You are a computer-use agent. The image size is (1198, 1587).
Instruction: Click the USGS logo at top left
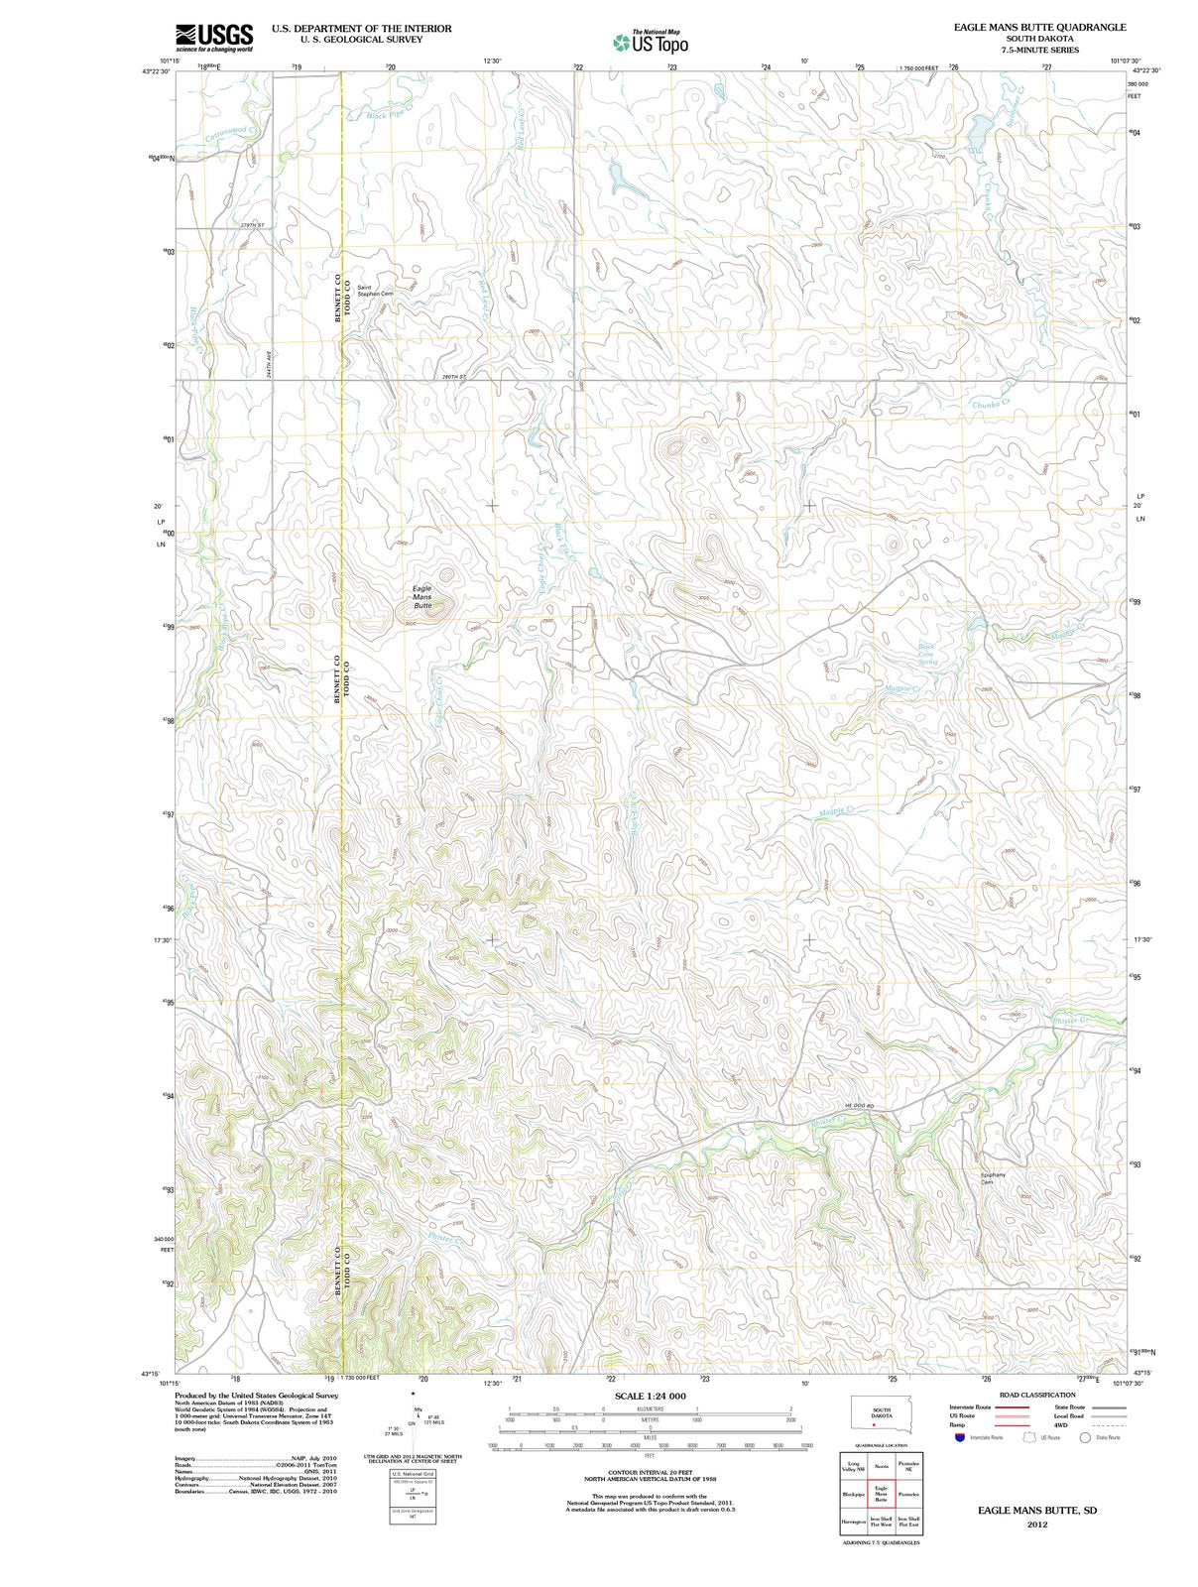pyautogui.click(x=214, y=38)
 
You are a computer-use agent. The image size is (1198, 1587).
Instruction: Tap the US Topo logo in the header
pyautogui.click(x=651, y=42)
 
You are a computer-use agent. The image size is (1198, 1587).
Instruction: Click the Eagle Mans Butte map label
pyautogui.click(x=422, y=596)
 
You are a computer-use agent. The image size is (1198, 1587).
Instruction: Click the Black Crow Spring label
pyautogui.click(x=926, y=654)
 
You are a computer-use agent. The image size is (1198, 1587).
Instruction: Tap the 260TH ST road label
pyautogui.click(x=454, y=377)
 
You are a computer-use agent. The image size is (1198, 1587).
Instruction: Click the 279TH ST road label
pyautogui.click(x=252, y=226)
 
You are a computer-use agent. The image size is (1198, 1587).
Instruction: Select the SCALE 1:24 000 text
pyautogui.click(x=650, y=1396)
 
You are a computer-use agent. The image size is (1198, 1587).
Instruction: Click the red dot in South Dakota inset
pyautogui.click(x=874, y=1425)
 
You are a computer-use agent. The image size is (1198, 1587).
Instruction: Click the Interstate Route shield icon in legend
pyautogui.click(x=959, y=1437)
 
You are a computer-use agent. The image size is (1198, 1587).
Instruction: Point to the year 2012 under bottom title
pyautogui.click(x=1037, y=1524)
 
